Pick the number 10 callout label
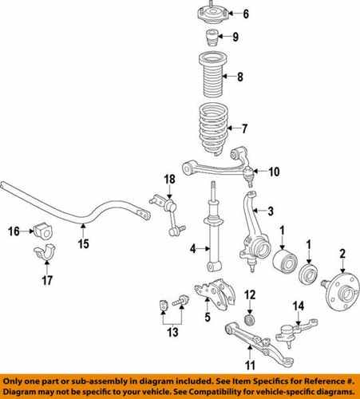(x=273, y=172)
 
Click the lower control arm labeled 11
(x=239, y=333)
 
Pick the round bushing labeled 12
(x=249, y=319)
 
